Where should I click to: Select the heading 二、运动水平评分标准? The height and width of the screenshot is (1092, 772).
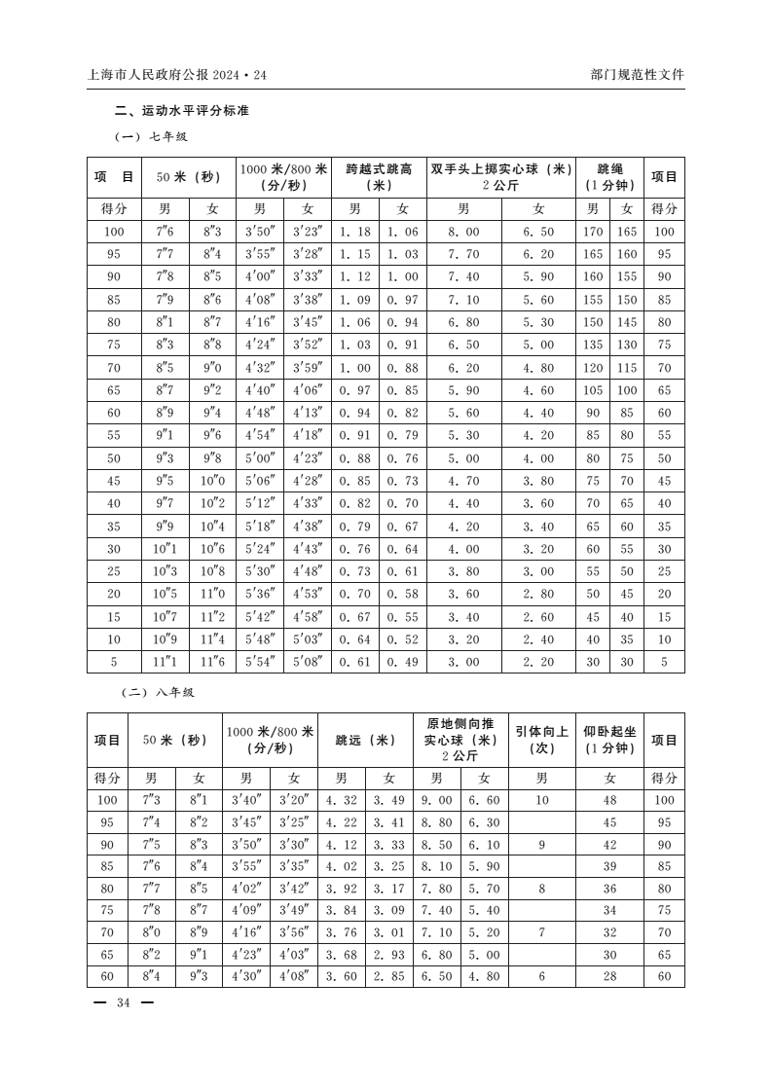[181, 111]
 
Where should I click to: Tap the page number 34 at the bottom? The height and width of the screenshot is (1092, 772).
[124, 1003]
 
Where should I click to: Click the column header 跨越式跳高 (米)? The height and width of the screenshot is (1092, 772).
[379, 177]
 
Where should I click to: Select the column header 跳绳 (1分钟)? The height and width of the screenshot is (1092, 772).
[609, 177]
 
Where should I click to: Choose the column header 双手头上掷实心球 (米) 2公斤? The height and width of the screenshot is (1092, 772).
[500, 177]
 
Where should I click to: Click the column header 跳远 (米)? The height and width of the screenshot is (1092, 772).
[365, 740]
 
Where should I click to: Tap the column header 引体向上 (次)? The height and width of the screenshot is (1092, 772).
[541, 740]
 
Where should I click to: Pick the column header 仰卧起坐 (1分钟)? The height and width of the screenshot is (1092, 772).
[609, 740]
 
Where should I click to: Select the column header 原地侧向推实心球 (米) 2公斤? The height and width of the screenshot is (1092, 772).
[460, 740]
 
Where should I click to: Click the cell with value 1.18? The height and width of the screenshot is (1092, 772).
[355, 232]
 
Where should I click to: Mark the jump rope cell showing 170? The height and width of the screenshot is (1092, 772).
[593, 232]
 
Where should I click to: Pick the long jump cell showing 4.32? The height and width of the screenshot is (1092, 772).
[342, 800]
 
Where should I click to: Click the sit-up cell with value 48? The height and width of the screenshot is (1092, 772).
[610, 800]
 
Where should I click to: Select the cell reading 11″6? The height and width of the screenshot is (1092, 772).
[212, 662]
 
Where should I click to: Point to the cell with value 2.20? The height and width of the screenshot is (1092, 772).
[539, 662]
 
